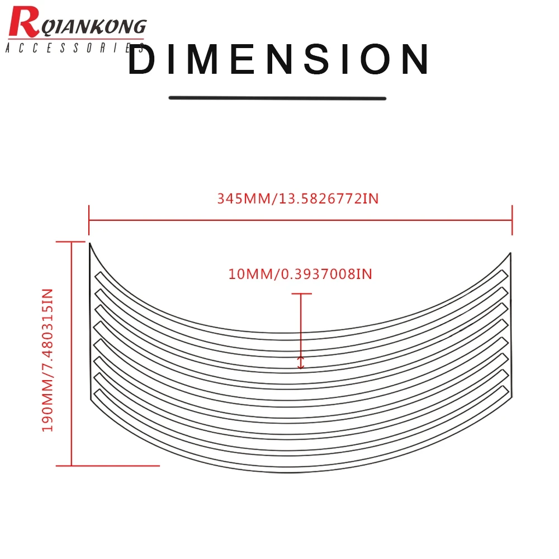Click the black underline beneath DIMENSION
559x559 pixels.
(277, 98)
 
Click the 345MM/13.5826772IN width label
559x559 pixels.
(298, 198)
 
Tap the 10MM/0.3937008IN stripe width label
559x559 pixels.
(300, 274)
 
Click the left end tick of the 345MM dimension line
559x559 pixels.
(89, 220)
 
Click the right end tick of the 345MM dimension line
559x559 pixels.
(511, 220)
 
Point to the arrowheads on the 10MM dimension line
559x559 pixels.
(301, 362)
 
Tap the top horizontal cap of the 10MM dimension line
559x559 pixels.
(301, 293)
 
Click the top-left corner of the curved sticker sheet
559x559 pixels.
(90, 244)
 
